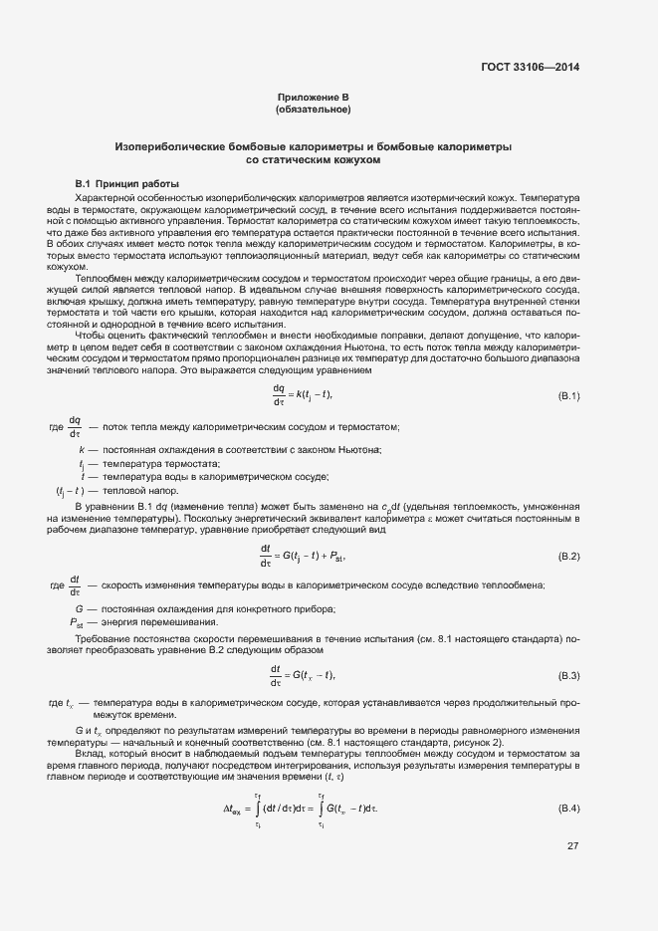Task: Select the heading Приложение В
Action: [313, 97]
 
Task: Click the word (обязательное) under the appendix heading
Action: [313, 109]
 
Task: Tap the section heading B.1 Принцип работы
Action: [127, 185]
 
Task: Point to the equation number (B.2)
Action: [568, 555]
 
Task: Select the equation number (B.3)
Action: [568, 675]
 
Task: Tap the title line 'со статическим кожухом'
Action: [313, 159]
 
